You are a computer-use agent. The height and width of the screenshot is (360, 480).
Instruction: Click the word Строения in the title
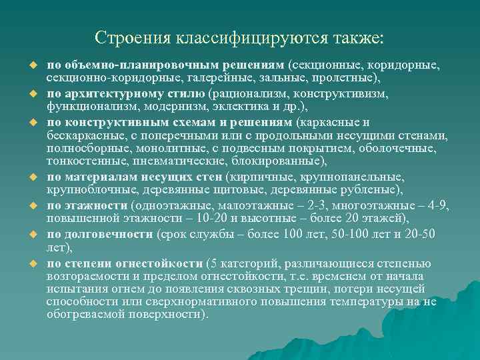132,38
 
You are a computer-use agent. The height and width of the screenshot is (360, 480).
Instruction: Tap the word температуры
364,301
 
